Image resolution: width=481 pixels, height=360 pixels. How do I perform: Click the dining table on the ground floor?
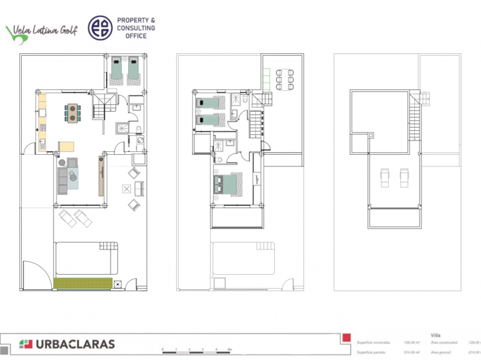[x=71, y=112]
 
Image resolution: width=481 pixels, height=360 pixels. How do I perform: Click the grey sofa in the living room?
[x=63, y=179]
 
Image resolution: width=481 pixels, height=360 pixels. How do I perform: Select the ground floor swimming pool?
[x=85, y=260]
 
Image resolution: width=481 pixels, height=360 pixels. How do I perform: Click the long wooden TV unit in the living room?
[x=102, y=176]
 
